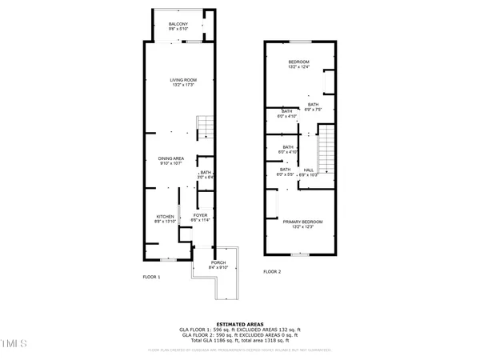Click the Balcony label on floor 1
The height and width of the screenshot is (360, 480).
click(178, 25)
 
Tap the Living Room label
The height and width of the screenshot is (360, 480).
click(183, 80)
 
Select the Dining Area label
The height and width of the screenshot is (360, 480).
click(171, 159)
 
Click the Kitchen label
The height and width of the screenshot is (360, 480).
click(165, 217)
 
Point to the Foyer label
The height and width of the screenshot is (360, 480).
click(201, 215)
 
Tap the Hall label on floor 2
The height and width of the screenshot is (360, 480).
click(308, 170)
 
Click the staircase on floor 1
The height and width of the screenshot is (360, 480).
click(206, 126)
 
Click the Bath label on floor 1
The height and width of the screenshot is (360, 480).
click(206, 173)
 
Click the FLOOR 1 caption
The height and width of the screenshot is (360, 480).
click(151, 277)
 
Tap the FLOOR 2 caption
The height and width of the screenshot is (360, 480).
click(274, 272)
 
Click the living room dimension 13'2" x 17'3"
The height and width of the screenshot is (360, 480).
click(183, 85)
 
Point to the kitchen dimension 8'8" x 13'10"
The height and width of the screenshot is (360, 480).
click(165, 222)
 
